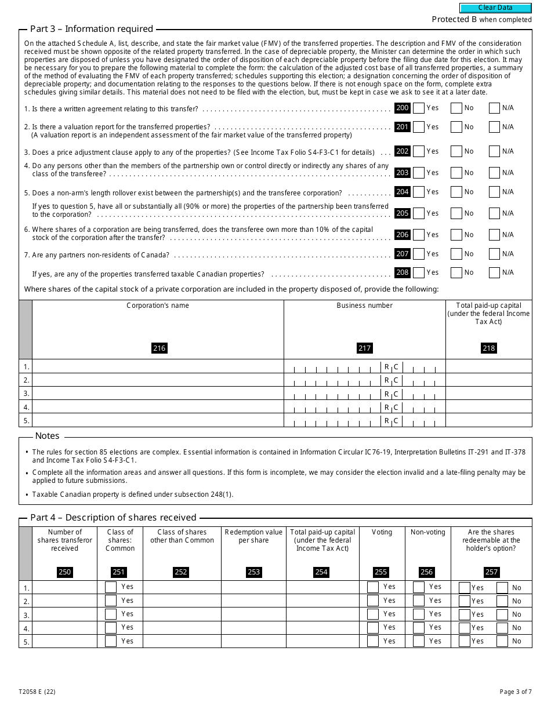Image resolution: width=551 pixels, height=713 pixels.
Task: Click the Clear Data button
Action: pyautogui.click(x=495, y=8)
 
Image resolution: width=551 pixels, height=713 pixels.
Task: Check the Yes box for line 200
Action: pyautogui.click(x=419, y=108)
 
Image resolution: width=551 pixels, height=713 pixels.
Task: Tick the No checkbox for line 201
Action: pyautogui.click(x=456, y=127)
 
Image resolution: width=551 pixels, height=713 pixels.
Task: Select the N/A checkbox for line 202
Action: pyautogui.click(x=494, y=151)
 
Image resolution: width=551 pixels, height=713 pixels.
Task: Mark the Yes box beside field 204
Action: pyautogui.click(x=419, y=192)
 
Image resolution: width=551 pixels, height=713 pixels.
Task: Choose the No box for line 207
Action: pyautogui.click(x=456, y=254)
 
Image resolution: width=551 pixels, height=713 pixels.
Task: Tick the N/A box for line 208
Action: pyautogui.click(x=494, y=272)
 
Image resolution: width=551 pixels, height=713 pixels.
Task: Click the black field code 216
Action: pyautogui.click(x=159, y=348)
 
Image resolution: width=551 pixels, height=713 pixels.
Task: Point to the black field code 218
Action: pyautogui.click(x=488, y=348)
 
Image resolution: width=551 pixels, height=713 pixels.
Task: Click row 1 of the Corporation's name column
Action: pyautogui.click(x=158, y=366)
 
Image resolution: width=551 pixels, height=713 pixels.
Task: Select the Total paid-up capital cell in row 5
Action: pyautogui.click(x=488, y=420)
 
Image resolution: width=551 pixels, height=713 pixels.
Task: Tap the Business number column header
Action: pyautogui.click(x=364, y=305)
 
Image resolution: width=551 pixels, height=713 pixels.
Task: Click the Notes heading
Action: pyautogui.click(x=47, y=436)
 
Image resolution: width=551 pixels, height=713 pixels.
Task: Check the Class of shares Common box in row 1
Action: pyautogui.click(x=111, y=587)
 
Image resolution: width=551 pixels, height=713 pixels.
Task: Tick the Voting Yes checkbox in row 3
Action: pyautogui.click(x=373, y=614)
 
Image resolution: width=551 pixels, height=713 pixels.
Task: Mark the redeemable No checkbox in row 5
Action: pyautogui.click(x=502, y=641)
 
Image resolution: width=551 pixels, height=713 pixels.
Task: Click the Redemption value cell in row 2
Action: pyautogui.click(x=253, y=601)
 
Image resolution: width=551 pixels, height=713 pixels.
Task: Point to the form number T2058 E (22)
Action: pyautogui.click(x=37, y=692)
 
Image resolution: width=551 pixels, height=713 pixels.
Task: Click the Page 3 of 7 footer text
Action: pyautogui.click(x=515, y=692)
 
